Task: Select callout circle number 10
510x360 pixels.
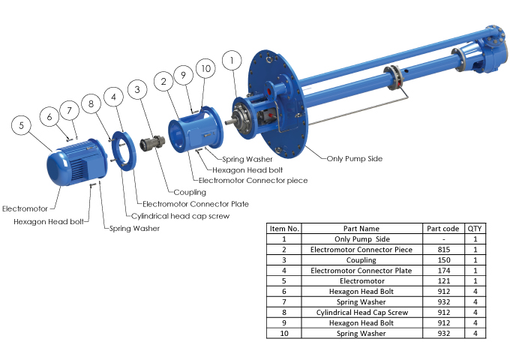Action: (205, 70)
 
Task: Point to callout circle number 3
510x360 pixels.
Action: (136, 90)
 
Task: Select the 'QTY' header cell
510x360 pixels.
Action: (475, 228)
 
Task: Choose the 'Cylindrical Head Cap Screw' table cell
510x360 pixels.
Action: (361, 312)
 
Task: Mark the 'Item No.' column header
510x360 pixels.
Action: (284, 228)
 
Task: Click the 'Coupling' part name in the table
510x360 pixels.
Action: (361, 259)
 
